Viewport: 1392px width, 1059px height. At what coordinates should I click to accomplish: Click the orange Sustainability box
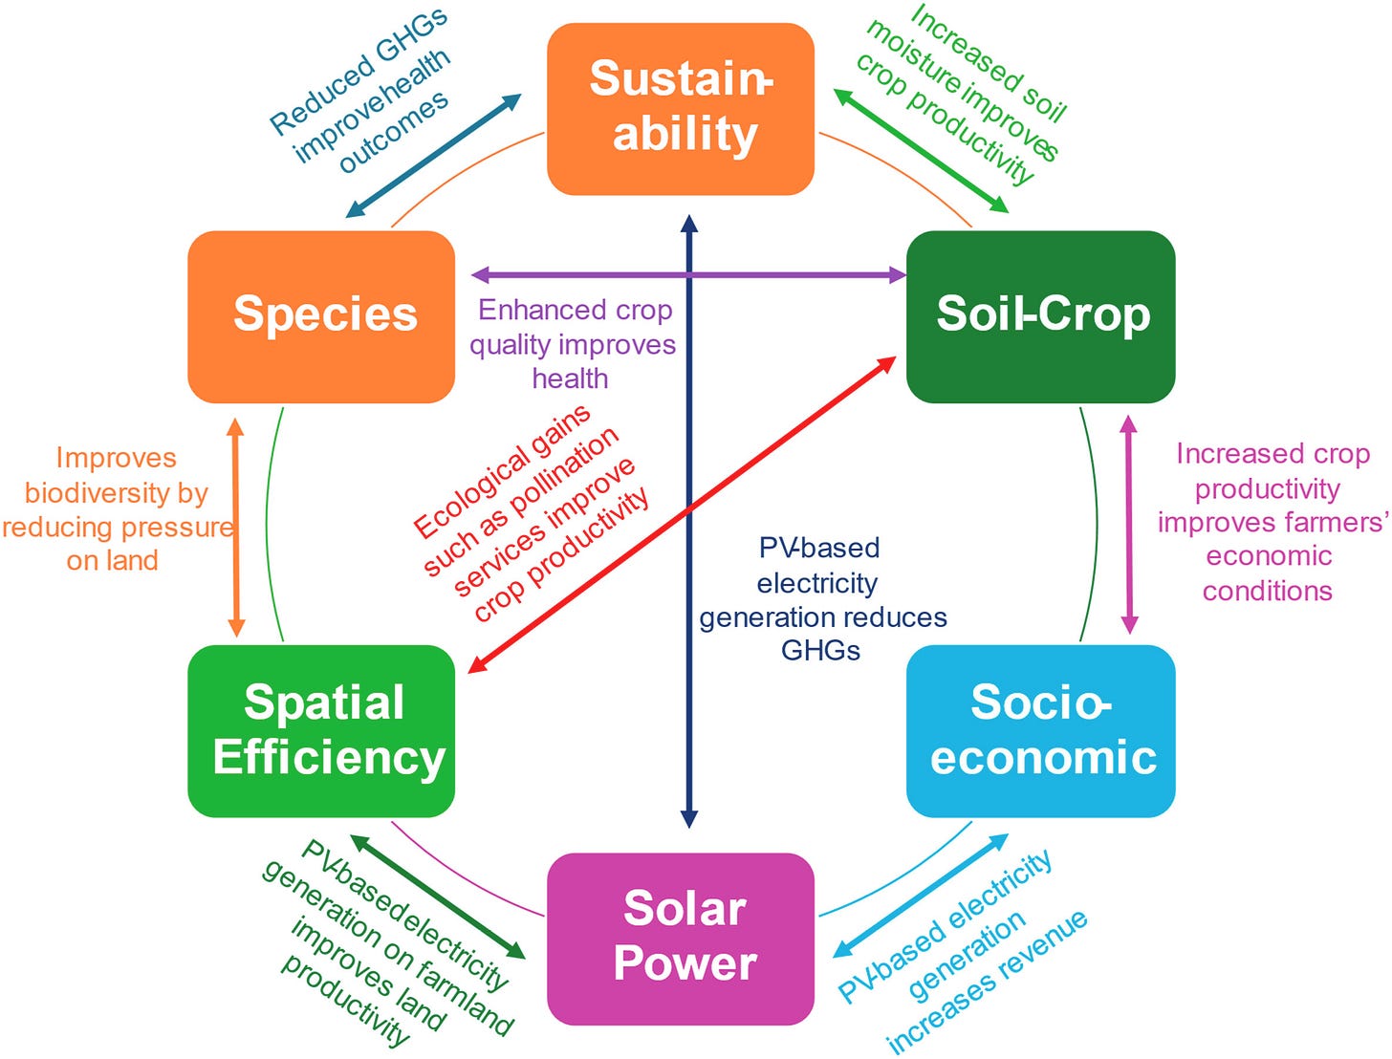(680, 109)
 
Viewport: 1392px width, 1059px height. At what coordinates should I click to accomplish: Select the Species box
(321, 316)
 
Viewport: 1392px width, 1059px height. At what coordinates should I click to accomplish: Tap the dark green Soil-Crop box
(1041, 316)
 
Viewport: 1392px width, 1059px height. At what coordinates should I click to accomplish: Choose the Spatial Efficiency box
(321, 731)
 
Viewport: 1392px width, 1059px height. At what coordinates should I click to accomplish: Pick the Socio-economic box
(1041, 731)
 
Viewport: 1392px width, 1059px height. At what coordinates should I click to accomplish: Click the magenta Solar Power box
(680, 939)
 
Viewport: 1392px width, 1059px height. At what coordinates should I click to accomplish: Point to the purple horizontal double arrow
(688, 275)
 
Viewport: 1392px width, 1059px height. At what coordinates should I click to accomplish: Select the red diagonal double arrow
(682, 514)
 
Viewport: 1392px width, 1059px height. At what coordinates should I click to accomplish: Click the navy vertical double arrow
(689, 521)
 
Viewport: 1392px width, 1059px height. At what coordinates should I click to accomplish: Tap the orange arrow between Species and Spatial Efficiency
(236, 528)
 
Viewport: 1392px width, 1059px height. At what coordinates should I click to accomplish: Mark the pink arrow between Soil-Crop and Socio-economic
(1129, 524)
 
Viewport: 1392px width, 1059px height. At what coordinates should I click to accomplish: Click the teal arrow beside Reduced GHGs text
(433, 156)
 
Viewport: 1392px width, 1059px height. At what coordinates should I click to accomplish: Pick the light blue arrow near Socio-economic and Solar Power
(920, 896)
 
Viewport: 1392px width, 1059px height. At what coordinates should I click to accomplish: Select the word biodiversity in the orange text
(116, 493)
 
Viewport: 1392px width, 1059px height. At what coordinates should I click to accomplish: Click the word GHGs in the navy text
(820, 650)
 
